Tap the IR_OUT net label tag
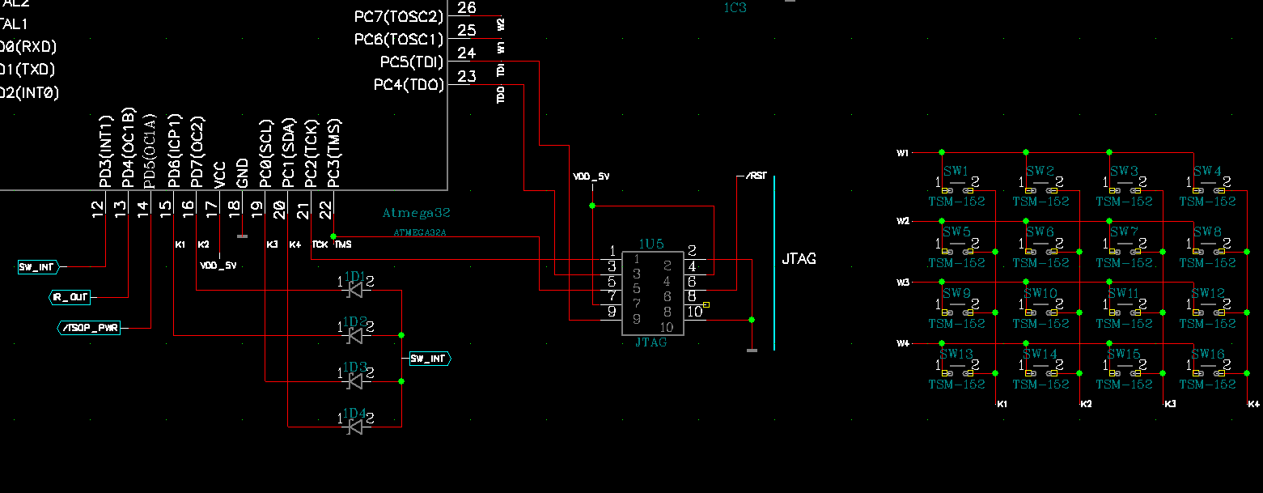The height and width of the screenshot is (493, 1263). click(70, 297)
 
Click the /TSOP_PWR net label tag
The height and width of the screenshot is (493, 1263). click(89, 328)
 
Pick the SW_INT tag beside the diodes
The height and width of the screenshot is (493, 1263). click(429, 359)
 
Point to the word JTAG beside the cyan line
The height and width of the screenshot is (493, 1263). click(799, 259)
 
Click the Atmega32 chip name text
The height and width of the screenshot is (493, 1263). click(416, 214)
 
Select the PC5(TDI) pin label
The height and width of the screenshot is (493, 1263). click(412, 62)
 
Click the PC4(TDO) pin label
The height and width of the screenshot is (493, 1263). click(409, 84)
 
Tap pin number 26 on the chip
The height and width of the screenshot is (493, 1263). click(467, 8)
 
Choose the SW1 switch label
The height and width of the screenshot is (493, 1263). click(956, 171)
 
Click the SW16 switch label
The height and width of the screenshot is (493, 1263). click(1207, 354)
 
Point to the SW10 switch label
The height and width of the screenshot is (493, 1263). click(1040, 293)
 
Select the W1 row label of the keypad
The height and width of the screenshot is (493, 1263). click(903, 153)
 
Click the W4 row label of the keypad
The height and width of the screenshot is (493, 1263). click(903, 344)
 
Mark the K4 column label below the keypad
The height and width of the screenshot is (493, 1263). click(1253, 404)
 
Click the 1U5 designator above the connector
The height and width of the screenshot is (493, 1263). click(651, 244)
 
